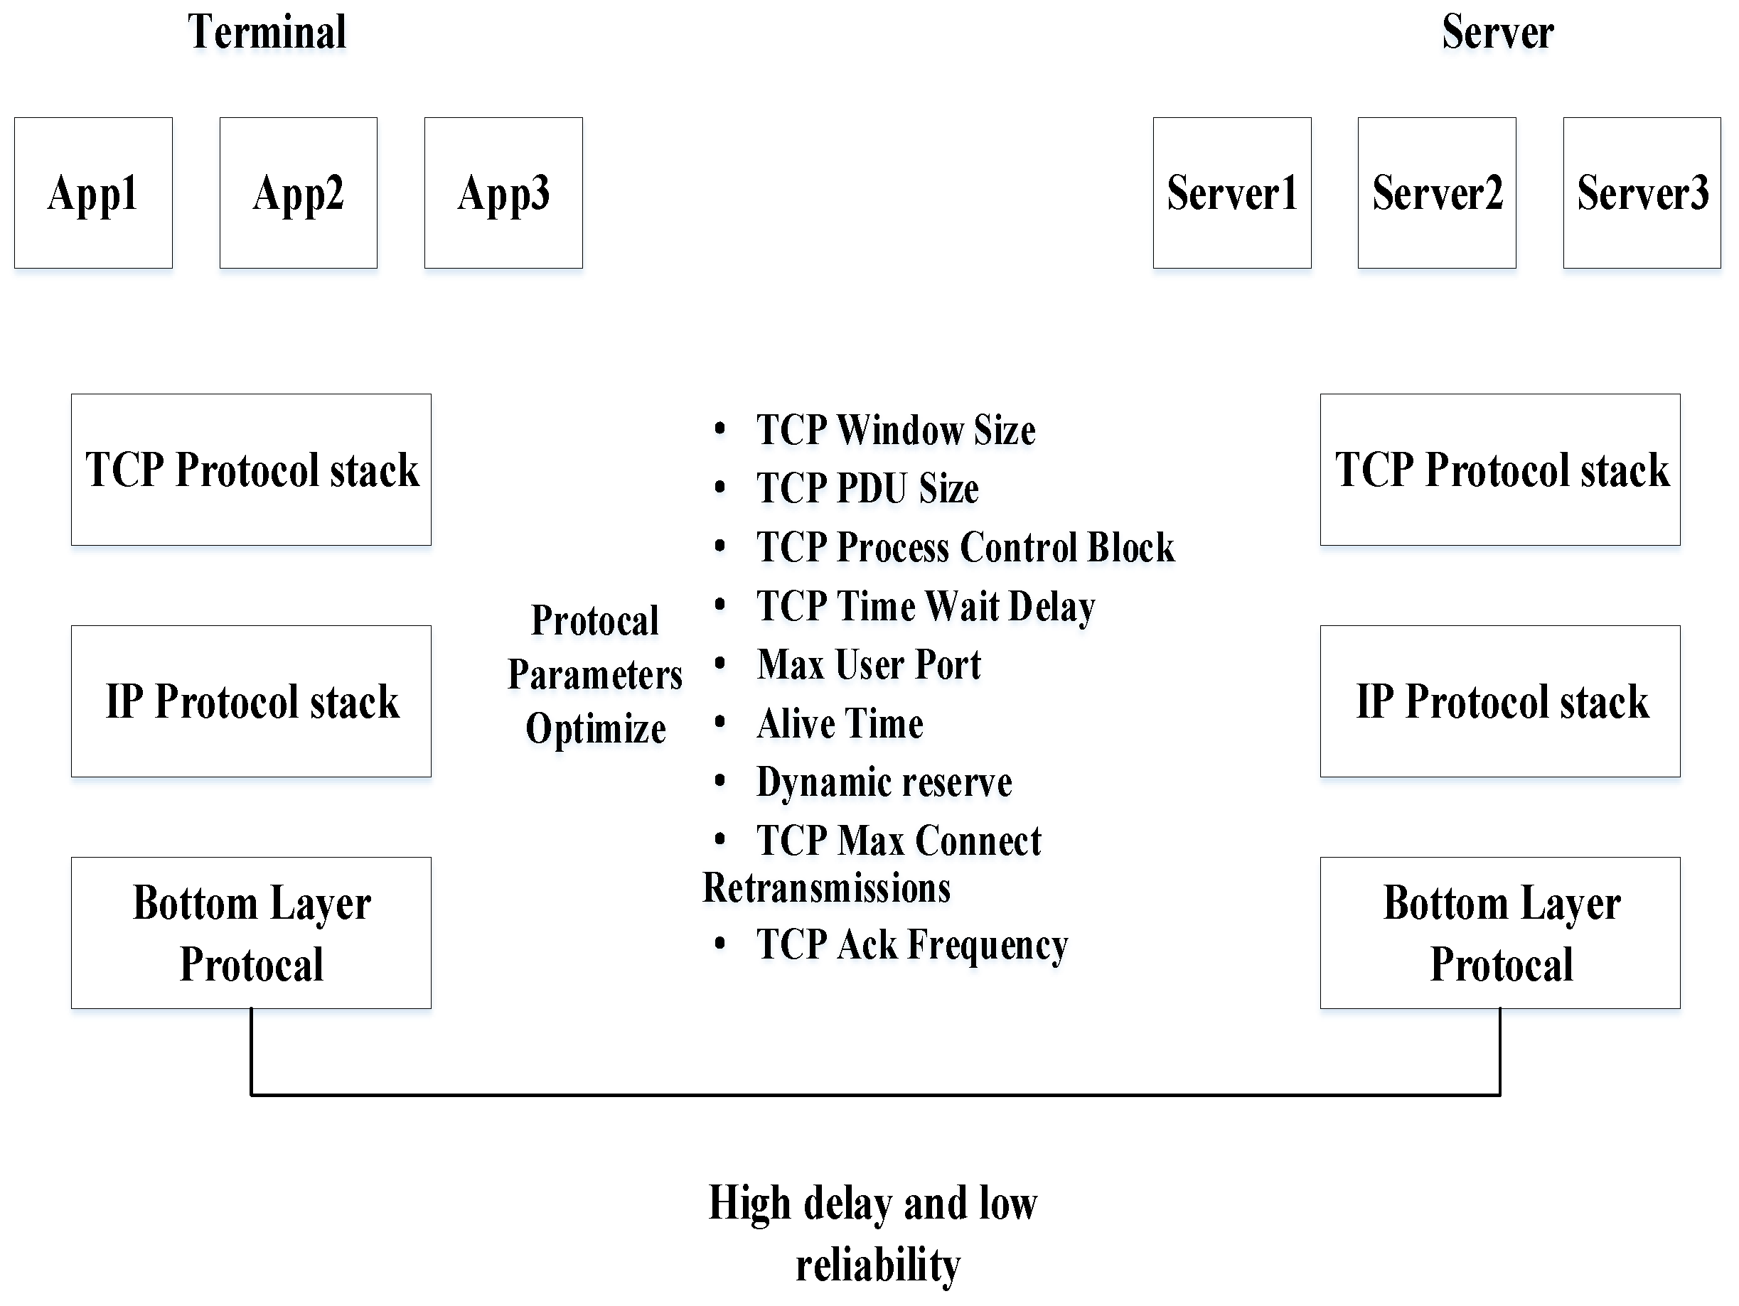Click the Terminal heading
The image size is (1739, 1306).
267,32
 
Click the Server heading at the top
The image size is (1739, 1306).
1498,32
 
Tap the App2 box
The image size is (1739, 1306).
299,193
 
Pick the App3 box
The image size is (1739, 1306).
504,193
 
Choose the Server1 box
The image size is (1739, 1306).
1232,193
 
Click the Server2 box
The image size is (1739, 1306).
1437,193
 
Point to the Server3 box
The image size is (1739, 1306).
1642,193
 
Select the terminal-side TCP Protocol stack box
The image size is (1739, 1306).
252,470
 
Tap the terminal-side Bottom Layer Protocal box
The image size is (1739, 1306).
252,933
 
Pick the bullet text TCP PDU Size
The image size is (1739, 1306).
867,489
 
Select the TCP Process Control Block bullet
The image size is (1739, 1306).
965,548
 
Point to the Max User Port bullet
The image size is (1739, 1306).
869,665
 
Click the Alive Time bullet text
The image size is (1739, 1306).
840,724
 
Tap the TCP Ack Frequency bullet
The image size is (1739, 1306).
912,944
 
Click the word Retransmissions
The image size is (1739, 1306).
826,889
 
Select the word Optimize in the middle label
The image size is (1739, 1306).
596,728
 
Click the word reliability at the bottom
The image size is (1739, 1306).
877,1265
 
